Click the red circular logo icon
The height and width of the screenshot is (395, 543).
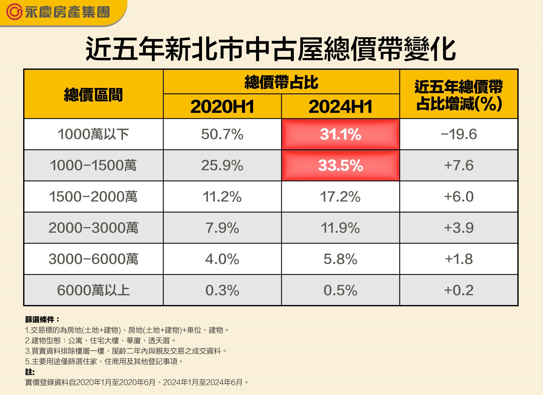(x=14, y=12)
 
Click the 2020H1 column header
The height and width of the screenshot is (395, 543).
(x=222, y=107)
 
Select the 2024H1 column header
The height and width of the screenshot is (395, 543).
(x=340, y=107)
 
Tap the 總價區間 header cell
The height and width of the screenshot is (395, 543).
(x=93, y=95)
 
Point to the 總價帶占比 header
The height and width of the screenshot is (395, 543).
(x=281, y=82)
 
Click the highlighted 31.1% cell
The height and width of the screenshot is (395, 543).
(x=340, y=134)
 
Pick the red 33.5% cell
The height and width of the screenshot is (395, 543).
(x=340, y=165)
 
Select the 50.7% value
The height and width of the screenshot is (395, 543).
(x=222, y=134)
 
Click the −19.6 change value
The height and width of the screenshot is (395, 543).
(x=459, y=134)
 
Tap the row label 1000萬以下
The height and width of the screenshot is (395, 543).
(x=93, y=134)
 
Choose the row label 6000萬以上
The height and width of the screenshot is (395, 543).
(x=93, y=290)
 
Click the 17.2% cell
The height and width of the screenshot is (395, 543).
(x=340, y=197)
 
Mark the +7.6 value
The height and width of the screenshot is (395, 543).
(x=459, y=165)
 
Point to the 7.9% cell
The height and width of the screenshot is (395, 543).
(x=222, y=228)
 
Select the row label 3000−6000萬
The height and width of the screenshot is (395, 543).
(x=93, y=259)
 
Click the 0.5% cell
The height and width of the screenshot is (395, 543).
(x=340, y=290)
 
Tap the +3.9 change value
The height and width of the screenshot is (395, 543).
(x=459, y=228)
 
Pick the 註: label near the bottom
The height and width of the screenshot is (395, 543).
(x=30, y=372)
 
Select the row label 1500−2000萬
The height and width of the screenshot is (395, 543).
(x=93, y=197)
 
